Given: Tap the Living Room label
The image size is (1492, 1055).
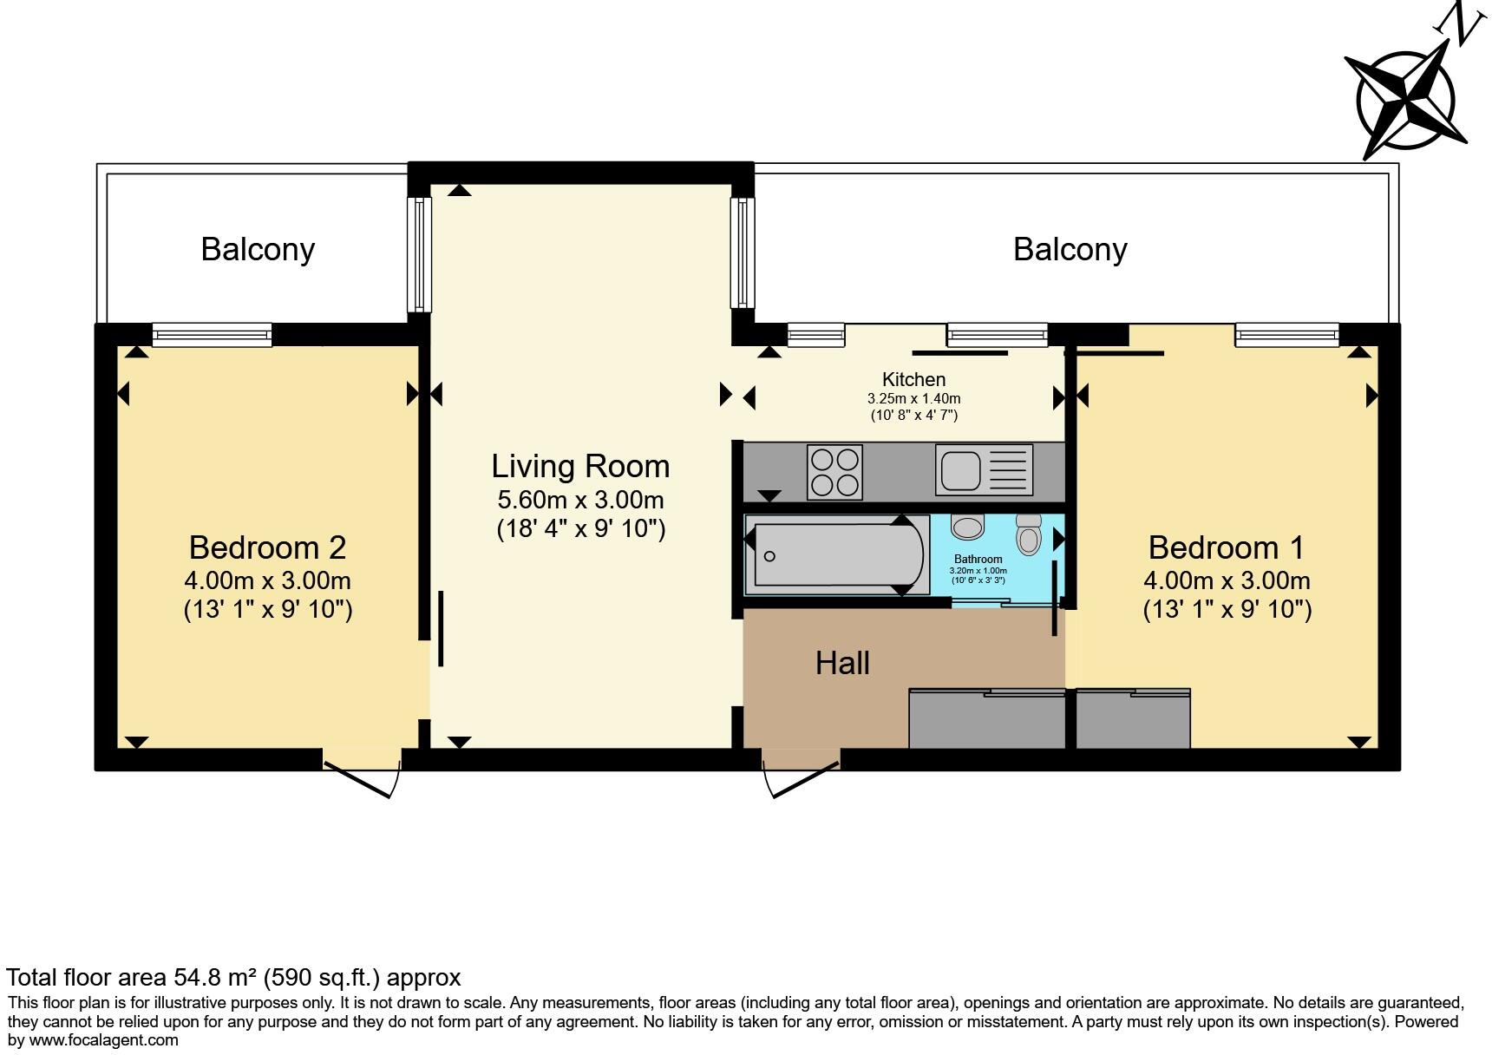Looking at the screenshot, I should click(x=580, y=467).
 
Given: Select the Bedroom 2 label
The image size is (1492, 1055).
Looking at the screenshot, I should click(x=267, y=547).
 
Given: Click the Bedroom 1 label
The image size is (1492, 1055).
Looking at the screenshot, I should click(x=1226, y=547).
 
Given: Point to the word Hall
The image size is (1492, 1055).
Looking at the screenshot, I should click(x=842, y=664).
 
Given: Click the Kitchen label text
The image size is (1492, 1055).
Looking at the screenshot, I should click(x=913, y=379).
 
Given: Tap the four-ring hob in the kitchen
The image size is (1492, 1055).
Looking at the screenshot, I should click(x=834, y=472).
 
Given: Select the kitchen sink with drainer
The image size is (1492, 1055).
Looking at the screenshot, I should click(x=984, y=470).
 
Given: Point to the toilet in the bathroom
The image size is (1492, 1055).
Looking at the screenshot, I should click(x=1029, y=533).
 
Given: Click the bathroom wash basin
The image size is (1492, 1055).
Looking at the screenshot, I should click(x=967, y=527).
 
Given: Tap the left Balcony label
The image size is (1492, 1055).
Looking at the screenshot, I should click(x=258, y=250).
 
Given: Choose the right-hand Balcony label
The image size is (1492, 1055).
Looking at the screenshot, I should click(x=1070, y=250).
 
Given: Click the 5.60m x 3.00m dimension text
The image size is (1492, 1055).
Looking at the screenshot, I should click(x=580, y=500).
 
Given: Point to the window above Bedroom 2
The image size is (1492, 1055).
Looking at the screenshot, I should click(x=212, y=334).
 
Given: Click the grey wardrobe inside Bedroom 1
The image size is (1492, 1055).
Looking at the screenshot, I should click(x=1133, y=719).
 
